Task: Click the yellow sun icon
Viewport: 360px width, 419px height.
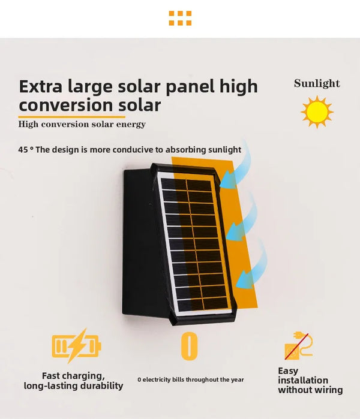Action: (317, 111)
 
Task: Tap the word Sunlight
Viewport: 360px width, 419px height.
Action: (317, 84)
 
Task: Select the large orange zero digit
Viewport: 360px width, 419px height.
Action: (189, 346)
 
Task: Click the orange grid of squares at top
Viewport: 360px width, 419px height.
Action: (180, 18)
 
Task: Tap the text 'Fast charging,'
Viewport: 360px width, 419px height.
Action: (73, 375)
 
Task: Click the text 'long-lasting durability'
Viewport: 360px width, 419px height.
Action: (73, 386)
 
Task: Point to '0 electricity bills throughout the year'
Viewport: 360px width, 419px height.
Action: (190, 379)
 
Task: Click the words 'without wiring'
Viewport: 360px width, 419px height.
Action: (310, 390)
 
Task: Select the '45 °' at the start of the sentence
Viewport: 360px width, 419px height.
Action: (25, 150)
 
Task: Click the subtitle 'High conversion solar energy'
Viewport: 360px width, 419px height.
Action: (82, 125)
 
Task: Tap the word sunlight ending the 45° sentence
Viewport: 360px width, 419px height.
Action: (223, 150)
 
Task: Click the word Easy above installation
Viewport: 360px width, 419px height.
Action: (288, 371)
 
